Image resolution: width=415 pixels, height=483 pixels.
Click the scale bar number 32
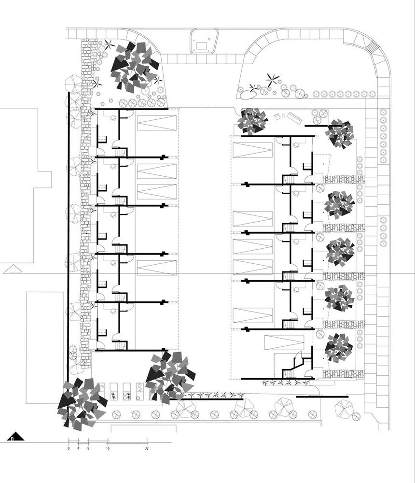click(147, 448)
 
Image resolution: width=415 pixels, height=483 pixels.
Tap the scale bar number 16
click(108, 448)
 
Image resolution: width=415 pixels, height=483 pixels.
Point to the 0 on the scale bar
click(69, 448)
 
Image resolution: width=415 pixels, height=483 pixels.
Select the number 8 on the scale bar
click(88, 448)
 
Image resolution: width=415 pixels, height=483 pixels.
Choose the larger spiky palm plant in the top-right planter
click(272, 79)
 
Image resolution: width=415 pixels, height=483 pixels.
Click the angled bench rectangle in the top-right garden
click(292, 118)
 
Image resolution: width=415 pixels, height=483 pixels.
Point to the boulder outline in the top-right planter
click(251, 88)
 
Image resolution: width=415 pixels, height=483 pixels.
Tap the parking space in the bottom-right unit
click(284, 343)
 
